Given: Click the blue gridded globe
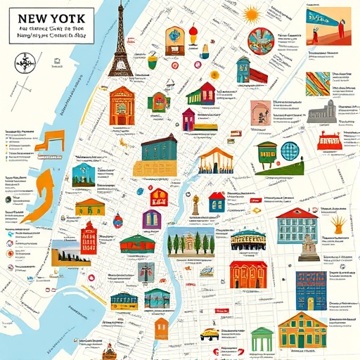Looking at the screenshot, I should (290, 152).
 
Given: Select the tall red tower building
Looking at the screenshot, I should (89, 239).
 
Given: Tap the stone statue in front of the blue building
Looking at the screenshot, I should (307, 246).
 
